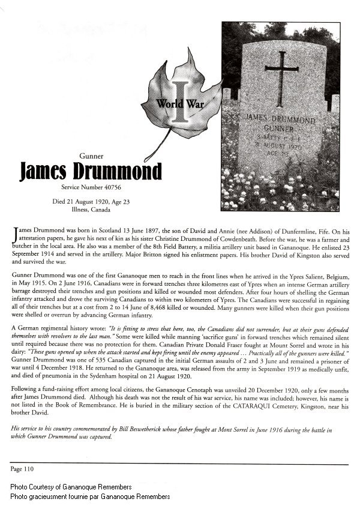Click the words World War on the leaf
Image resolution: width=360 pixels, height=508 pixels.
tap(179, 103)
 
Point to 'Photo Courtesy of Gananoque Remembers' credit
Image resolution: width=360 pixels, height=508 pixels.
tap(78, 486)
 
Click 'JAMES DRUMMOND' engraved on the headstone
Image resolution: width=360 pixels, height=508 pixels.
tap(282, 117)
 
